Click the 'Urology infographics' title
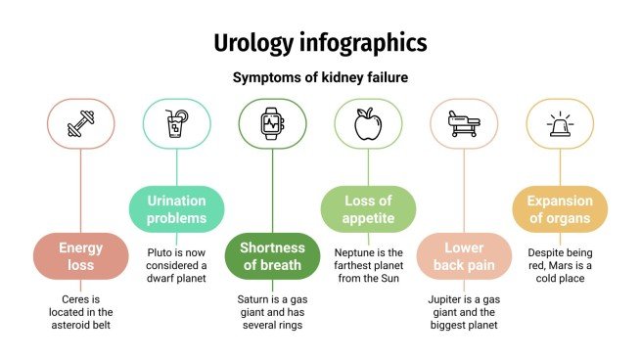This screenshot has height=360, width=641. (x=320, y=42)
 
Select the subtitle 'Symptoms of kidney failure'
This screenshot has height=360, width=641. (x=320, y=77)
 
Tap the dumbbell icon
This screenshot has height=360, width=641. (x=80, y=123)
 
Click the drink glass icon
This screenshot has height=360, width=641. (x=176, y=123)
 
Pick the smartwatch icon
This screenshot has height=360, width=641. (x=272, y=123)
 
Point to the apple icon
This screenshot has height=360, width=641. (x=368, y=123)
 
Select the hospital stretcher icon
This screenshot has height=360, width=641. (x=464, y=123)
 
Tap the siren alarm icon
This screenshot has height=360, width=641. (x=560, y=123)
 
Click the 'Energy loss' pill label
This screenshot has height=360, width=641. (x=80, y=256)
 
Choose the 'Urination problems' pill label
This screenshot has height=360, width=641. (x=176, y=209)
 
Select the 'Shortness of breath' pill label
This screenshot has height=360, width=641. (x=272, y=256)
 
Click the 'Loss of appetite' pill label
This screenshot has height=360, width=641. (x=368, y=209)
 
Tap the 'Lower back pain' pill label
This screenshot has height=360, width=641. (x=464, y=256)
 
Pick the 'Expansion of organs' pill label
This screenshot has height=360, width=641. (x=560, y=209)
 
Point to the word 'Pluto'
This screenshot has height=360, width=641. (x=160, y=250)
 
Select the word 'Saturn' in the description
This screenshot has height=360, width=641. (x=256, y=297)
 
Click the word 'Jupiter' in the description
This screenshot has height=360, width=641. (x=446, y=297)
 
